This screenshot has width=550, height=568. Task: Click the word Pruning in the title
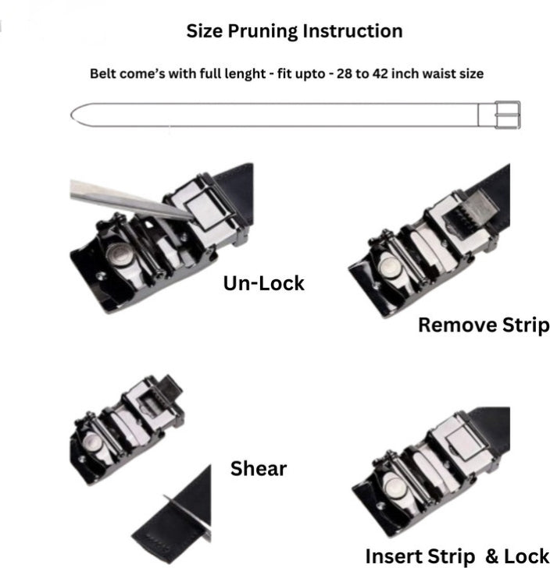[x=262, y=32]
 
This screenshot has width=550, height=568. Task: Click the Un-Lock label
[x=263, y=283]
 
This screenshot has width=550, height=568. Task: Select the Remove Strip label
[x=484, y=325]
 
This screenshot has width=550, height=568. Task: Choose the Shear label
[x=258, y=469]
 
